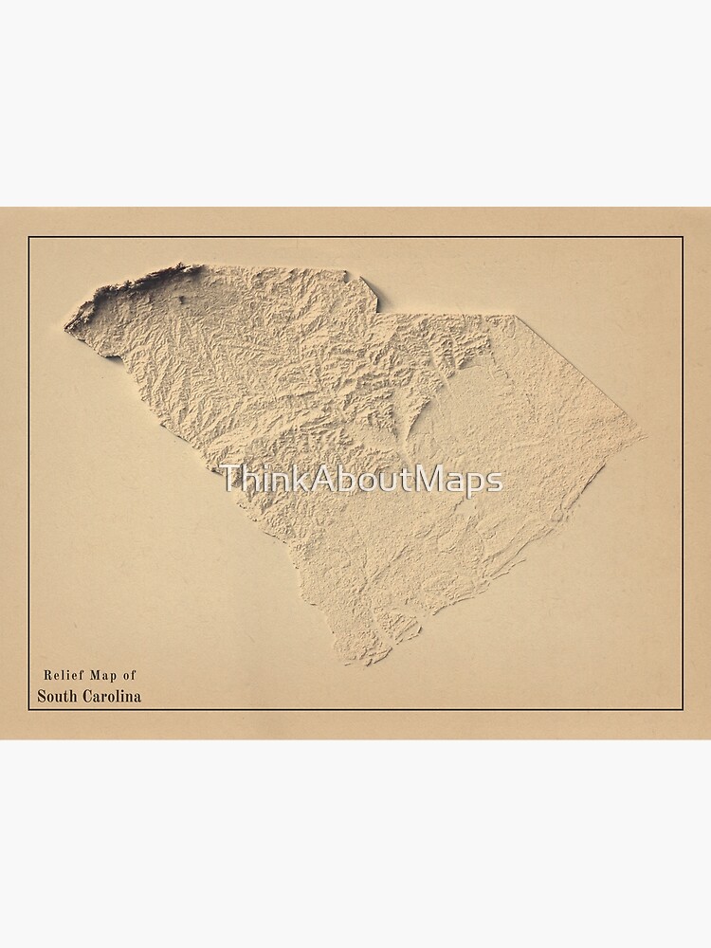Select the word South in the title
coord(56,696)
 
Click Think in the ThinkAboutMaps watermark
coord(255,480)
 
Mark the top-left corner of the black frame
coord(28,237)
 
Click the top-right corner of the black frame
coord(683,237)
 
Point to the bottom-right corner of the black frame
coord(683,709)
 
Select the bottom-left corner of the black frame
coord(28,709)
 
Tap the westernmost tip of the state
coord(65,328)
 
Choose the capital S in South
coord(42,696)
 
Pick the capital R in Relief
coord(47,675)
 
